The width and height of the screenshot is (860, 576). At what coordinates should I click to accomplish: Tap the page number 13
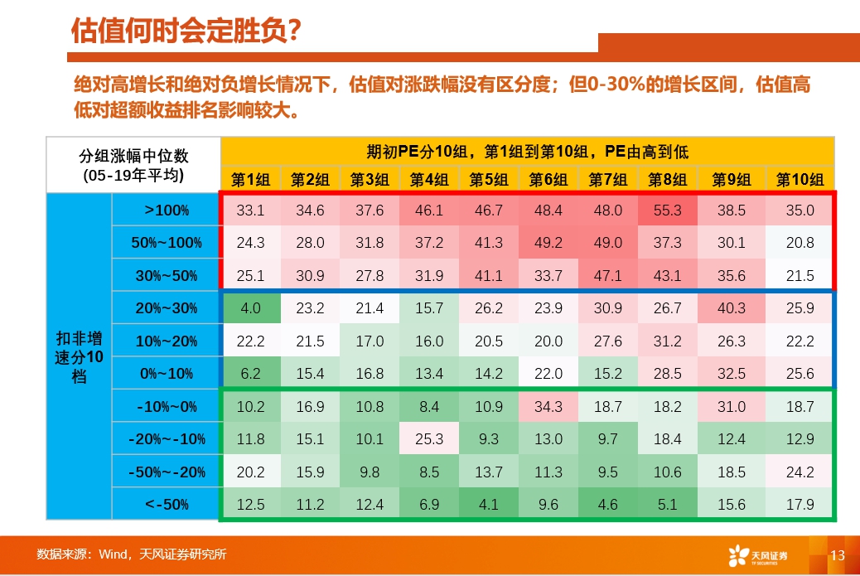(837, 555)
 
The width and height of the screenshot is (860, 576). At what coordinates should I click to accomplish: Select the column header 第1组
(250, 178)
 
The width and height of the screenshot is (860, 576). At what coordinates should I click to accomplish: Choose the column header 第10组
(800, 178)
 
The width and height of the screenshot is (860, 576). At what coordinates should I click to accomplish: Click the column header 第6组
(548, 178)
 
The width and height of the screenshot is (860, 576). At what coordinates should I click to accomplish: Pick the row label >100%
(167, 211)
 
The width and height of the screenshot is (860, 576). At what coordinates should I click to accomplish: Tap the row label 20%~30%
(167, 308)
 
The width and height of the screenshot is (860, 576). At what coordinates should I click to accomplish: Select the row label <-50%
(167, 504)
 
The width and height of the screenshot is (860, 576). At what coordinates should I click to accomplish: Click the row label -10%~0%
(167, 406)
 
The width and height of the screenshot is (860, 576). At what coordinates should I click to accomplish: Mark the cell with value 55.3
(668, 211)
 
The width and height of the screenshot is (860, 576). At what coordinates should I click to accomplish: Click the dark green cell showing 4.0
(250, 308)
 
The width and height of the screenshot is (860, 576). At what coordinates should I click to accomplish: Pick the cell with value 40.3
(732, 308)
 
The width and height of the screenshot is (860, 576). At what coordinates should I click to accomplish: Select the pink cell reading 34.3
(548, 406)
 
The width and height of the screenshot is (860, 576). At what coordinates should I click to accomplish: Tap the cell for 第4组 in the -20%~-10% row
(429, 438)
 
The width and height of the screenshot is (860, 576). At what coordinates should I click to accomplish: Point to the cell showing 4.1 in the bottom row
(489, 504)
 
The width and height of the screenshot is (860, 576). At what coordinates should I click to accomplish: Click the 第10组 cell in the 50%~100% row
(800, 243)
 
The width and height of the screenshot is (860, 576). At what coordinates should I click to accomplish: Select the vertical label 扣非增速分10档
(79, 357)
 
